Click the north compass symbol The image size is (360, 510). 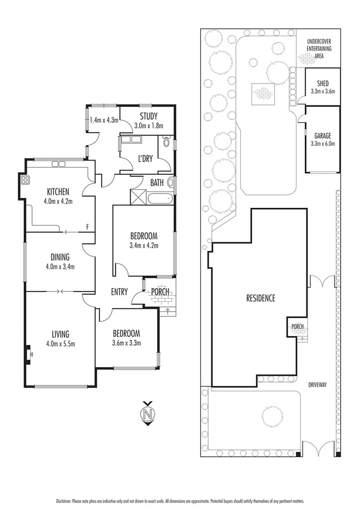[148, 414]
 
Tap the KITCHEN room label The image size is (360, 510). [58, 191]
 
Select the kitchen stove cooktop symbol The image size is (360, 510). [25, 180]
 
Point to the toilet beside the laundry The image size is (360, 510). [166, 141]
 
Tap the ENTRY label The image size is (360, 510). [119, 292]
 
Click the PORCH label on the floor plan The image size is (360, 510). [160, 292]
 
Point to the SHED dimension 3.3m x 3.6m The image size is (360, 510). [323, 92]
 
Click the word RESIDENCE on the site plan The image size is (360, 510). [260, 298]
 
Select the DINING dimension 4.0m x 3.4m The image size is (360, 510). [60, 266]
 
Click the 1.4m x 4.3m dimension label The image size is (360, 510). [104, 120]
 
